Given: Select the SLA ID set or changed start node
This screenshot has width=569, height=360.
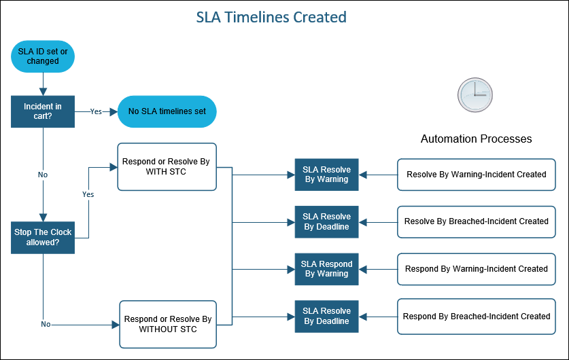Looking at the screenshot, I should [x=43, y=56].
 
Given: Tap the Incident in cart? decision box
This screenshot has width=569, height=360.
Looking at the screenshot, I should [x=42, y=111].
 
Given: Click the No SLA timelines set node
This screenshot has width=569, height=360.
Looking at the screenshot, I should [x=167, y=111].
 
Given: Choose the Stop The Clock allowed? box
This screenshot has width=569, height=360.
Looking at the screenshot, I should [x=43, y=237].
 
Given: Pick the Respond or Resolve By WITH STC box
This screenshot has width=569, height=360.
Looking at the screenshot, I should [x=167, y=166].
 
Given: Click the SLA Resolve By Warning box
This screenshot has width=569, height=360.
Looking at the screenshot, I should [x=326, y=175].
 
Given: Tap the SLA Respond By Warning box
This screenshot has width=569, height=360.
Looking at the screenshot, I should [x=326, y=269].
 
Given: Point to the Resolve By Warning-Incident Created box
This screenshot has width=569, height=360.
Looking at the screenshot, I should [x=476, y=175].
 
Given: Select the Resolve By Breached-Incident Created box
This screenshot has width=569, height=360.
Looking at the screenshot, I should [x=476, y=221].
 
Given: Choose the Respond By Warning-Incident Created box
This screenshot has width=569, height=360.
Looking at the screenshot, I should [x=476, y=269].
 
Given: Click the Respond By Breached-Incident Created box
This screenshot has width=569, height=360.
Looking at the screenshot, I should [x=476, y=317].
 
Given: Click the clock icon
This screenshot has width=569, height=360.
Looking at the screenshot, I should [x=474, y=94].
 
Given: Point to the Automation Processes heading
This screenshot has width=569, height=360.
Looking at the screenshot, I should [x=476, y=139].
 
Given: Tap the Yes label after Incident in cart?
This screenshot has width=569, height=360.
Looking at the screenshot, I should [x=97, y=111].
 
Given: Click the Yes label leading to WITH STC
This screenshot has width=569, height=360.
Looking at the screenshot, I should [x=88, y=194].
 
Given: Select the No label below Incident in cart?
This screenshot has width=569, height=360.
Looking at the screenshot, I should [x=43, y=175].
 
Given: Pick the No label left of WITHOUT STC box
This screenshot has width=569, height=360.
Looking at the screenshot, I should [x=46, y=324].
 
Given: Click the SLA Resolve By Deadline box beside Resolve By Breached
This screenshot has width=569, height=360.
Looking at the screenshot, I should [x=326, y=221].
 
